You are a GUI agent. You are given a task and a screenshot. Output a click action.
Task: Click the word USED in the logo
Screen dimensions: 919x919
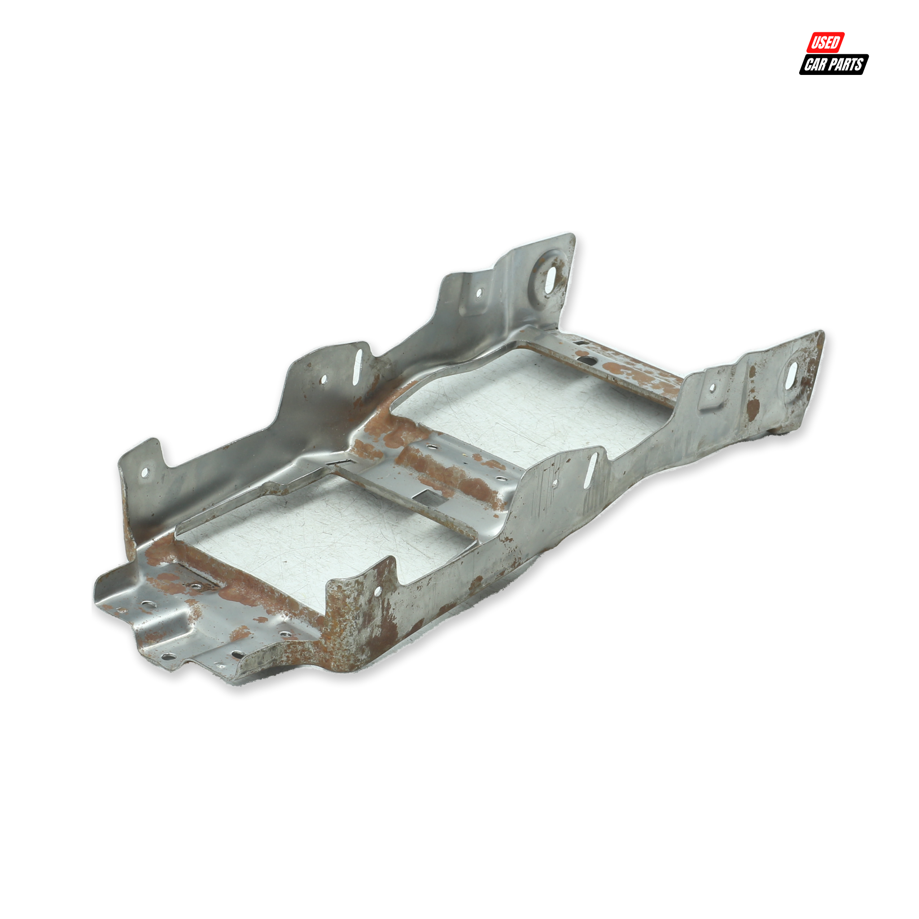825,42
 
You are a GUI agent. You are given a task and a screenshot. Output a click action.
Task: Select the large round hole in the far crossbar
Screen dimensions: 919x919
588,361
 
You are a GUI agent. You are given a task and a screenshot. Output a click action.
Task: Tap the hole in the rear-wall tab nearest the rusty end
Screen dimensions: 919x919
145,473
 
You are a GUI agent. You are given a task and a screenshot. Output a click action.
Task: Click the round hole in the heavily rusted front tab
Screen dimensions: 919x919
377,591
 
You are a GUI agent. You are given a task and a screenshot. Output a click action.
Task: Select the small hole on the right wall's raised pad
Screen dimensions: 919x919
712,388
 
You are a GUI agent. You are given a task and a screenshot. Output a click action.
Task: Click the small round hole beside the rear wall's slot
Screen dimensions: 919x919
324,380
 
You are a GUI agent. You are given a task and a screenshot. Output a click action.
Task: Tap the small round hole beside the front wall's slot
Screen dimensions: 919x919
555,484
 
